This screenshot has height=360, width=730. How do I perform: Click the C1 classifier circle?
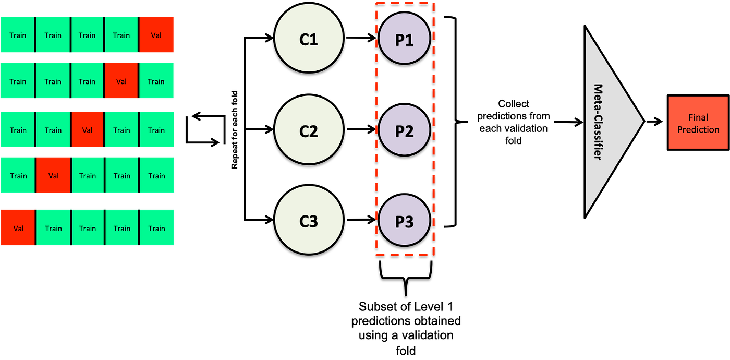pyautogui.click(x=309, y=39)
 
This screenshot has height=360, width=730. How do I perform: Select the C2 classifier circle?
pyautogui.click(x=309, y=130)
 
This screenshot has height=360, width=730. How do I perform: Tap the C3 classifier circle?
pyautogui.click(x=309, y=221)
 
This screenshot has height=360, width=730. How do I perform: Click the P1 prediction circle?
pyautogui.click(x=404, y=39)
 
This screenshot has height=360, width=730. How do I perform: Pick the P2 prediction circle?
pyautogui.click(x=404, y=130)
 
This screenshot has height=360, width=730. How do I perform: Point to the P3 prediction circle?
pyautogui.click(x=404, y=221)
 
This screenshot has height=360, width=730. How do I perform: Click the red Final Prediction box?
pyautogui.click(x=698, y=123)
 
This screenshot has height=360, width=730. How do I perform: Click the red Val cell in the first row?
pyautogui.click(x=157, y=34)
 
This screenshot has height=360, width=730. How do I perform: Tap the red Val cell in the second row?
pyautogui.click(x=121, y=80)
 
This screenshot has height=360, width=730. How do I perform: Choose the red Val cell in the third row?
pyautogui.click(x=88, y=129)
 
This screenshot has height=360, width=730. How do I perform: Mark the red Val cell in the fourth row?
pyautogui.click(x=53, y=175)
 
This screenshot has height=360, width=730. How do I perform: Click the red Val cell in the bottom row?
pyautogui.click(x=18, y=227)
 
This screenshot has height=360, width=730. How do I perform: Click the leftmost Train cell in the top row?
pyautogui.click(x=17, y=34)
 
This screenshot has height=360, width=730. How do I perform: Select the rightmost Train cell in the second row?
pyautogui.click(x=156, y=80)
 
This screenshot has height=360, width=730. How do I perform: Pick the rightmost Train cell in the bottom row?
pyautogui.click(x=157, y=227)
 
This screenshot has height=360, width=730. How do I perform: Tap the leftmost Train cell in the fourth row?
pyautogui.click(x=18, y=175)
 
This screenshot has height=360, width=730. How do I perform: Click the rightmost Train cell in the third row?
pyautogui.click(x=156, y=129)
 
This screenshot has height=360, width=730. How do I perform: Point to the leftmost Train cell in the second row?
pyautogui.click(x=17, y=80)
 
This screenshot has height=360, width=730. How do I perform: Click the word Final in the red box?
pyautogui.click(x=698, y=117)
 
